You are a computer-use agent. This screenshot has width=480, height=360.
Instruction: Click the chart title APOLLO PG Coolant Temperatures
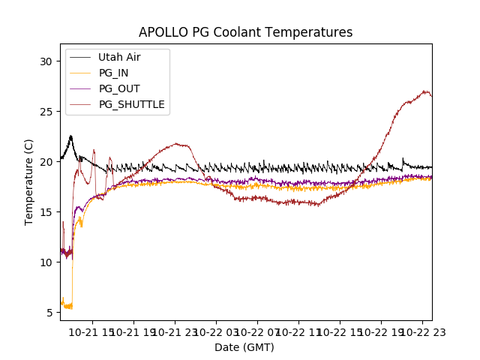click(x=245, y=32)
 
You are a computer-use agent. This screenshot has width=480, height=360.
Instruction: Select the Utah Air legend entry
click(x=119, y=57)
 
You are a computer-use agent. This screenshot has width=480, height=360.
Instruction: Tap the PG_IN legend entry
click(x=113, y=73)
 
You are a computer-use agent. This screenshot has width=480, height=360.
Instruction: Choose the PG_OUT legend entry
click(x=119, y=88)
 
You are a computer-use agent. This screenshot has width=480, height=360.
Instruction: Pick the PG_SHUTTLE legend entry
click(x=131, y=104)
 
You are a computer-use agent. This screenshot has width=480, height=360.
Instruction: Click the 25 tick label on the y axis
click(x=46, y=112)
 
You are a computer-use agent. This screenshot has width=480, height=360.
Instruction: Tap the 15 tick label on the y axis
click(x=46, y=212)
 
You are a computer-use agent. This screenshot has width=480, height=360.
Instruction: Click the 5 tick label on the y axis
click(x=49, y=313)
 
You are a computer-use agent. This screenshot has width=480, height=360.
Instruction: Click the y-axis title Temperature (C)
click(x=29, y=182)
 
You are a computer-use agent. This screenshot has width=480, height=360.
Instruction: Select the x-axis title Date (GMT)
click(x=244, y=347)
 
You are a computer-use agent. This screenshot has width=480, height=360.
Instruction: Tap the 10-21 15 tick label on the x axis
click(x=93, y=332)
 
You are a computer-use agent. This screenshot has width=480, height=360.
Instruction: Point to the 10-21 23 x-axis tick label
click(x=175, y=332)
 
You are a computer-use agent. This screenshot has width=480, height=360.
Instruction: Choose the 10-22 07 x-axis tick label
click(x=257, y=332)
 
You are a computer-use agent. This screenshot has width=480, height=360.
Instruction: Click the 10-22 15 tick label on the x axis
click(x=340, y=332)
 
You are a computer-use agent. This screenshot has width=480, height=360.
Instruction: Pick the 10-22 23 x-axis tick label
click(x=421, y=332)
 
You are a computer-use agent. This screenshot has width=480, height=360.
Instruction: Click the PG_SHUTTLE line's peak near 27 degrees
click(x=425, y=91)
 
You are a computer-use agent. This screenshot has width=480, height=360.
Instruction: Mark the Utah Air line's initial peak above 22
click(x=71, y=136)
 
